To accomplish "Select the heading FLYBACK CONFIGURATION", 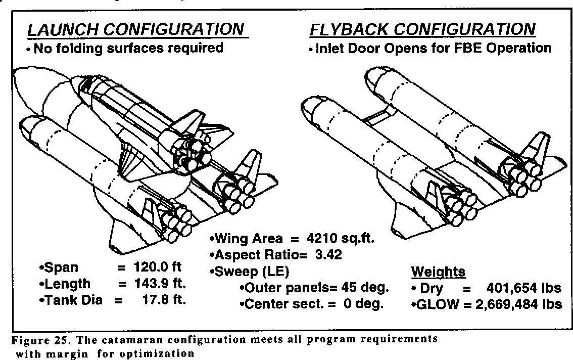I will tap(422, 30).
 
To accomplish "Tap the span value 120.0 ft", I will tap(161, 267).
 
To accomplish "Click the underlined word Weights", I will tap(438, 272).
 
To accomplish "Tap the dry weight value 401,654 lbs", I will tap(523, 288).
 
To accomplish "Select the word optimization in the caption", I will tap(164, 353).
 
